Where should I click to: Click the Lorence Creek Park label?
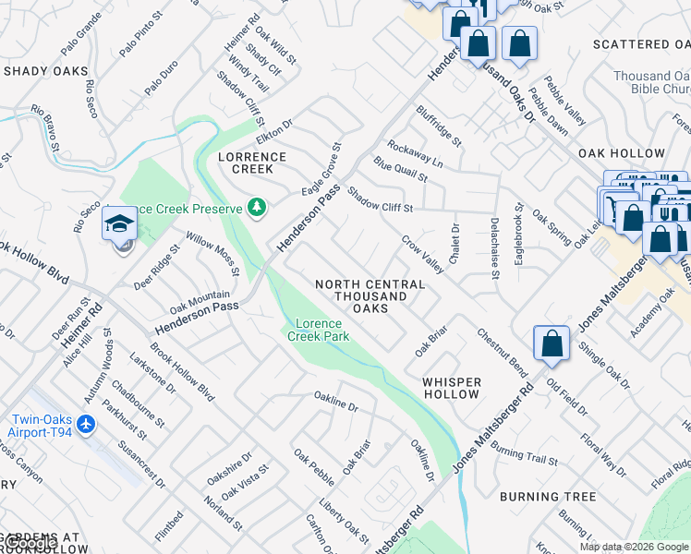pos(319,331)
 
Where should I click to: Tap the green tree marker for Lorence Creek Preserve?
pos(257,208)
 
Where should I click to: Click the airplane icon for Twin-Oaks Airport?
pos(87,425)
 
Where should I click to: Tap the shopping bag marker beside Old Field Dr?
pos(552,343)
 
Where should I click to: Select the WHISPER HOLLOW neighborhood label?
pos(452,388)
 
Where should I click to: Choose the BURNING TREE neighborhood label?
pos(548,497)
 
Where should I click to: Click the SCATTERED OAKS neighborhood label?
pos(643,44)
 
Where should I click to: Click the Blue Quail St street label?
pos(400,169)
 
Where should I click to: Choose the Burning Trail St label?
pos(525,454)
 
